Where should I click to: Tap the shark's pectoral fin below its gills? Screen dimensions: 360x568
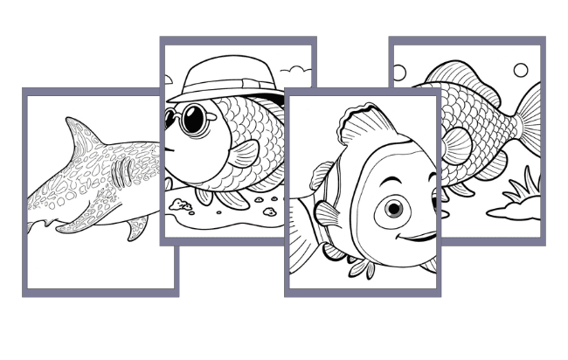click(134, 229)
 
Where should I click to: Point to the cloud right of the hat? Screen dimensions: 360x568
click(300, 68)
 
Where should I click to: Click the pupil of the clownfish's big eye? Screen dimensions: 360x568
click(394, 207)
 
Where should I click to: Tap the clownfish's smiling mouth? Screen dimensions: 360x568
click(420, 236)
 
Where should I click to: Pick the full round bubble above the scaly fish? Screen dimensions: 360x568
click(521, 71)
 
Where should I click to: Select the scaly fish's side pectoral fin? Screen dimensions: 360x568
click(456, 145)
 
